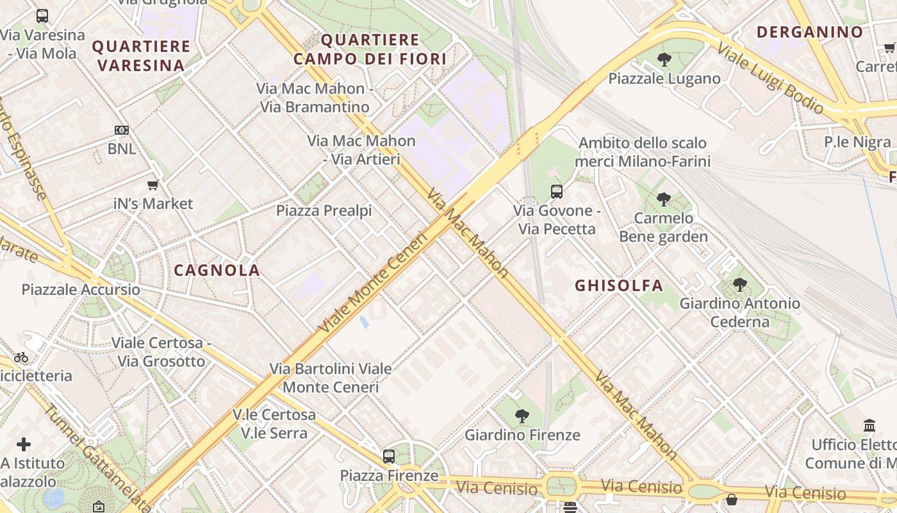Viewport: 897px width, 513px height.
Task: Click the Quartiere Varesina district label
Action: coord(141,56)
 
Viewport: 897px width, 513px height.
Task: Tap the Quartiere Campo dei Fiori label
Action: coord(370,49)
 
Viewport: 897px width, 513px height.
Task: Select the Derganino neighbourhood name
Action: coord(810,32)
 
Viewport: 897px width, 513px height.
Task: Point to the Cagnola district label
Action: coord(217,270)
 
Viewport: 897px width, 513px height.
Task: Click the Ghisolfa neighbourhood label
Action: coord(619,285)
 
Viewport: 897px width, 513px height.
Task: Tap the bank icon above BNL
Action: coord(122,130)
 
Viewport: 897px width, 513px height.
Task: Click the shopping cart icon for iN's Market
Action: coord(152,185)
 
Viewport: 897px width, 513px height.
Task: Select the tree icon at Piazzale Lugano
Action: coord(664,60)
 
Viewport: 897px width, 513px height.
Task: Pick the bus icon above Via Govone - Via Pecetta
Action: coord(557,191)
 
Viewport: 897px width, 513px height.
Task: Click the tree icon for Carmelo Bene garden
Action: coord(664,199)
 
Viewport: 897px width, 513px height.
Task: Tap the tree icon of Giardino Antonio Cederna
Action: coord(740,284)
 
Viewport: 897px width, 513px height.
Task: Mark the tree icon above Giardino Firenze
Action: coord(522,416)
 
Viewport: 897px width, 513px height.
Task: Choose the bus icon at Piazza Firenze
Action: coord(389,457)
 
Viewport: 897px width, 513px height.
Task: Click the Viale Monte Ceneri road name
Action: coord(373,283)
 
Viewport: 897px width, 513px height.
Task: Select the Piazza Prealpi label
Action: coord(324,210)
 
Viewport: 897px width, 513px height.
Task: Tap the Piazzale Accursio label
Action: coord(81,289)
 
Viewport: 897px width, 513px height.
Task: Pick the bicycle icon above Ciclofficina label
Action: coord(21,357)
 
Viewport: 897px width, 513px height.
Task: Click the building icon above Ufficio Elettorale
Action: coord(869,425)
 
